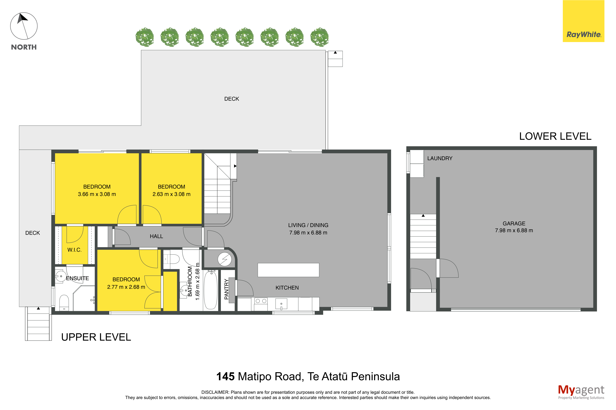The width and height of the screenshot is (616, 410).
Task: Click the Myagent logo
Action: pos(581,392)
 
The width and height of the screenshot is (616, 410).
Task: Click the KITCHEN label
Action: pos(287,288)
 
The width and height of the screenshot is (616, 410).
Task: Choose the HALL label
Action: pos(156,236)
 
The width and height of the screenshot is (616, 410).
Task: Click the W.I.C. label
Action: pos(74,250)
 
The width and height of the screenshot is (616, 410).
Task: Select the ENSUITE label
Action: pos(78,278)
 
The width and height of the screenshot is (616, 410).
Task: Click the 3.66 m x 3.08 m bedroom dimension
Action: pos(97,194)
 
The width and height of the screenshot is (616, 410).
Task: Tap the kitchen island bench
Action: pos(288,270)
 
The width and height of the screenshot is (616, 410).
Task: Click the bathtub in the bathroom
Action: pos(210,290)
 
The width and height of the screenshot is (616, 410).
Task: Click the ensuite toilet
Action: pos(64,303)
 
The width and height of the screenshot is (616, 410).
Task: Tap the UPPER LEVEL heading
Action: pos(96,337)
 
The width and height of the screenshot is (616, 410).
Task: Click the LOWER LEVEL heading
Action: pos(555,136)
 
